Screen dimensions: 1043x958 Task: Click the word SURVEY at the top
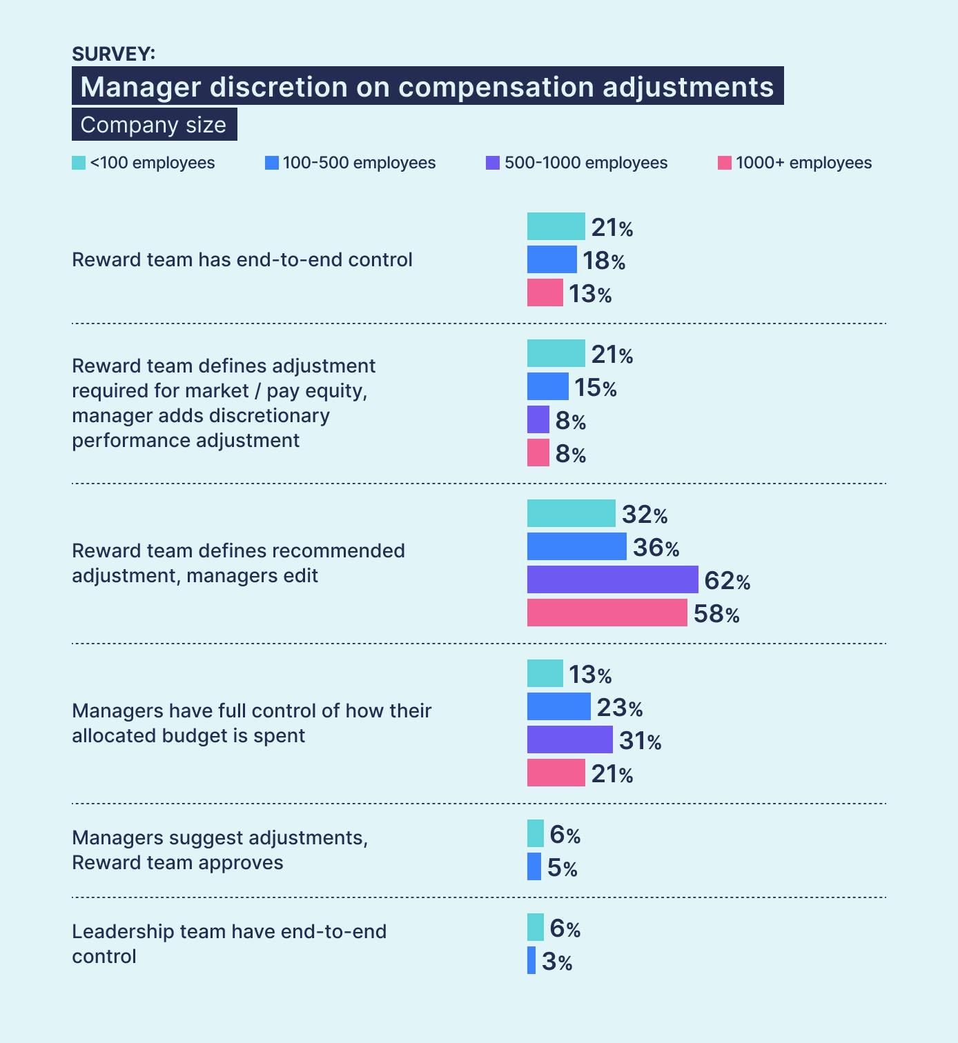pos(113,54)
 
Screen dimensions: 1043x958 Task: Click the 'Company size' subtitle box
pos(154,125)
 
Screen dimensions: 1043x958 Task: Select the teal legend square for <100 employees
pos(79,163)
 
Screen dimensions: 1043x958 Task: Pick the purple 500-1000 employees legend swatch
pos(493,163)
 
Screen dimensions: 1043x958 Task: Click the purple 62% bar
pos(612,579)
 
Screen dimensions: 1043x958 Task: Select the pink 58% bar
pos(607,613)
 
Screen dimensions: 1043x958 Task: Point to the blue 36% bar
pos(576,546)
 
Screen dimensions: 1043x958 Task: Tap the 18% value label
pos(604,261)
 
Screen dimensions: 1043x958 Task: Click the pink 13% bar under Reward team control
pos(545,292)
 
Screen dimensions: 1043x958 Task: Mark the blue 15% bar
pos(547,386)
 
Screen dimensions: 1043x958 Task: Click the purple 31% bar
pos(569,739)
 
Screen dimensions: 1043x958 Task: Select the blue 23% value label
pos(619,708)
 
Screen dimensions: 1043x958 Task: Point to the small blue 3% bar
pos(531,960)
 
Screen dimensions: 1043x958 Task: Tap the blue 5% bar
pos(534,866)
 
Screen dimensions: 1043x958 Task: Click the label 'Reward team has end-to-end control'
pos(242,260)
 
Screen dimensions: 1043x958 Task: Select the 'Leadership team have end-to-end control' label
pos(228,944)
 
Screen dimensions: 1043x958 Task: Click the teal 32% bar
pos(571,513)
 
